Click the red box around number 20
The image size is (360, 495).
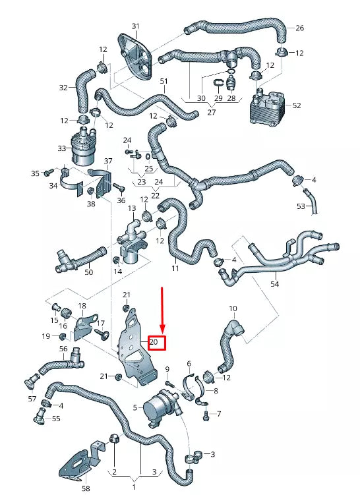(156, 342)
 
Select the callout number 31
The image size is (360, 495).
(136, 26)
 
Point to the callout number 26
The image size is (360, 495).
(299, 28)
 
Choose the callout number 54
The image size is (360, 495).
(274, 284)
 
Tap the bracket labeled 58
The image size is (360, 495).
(78, 464)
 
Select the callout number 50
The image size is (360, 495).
(88, 272)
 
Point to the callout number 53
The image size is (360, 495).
(301, 206)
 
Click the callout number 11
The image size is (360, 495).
(175, 269)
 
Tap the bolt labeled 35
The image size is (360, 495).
(47, 173)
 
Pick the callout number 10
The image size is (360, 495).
(232, 308)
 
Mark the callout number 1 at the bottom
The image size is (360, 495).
(135, 486)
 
